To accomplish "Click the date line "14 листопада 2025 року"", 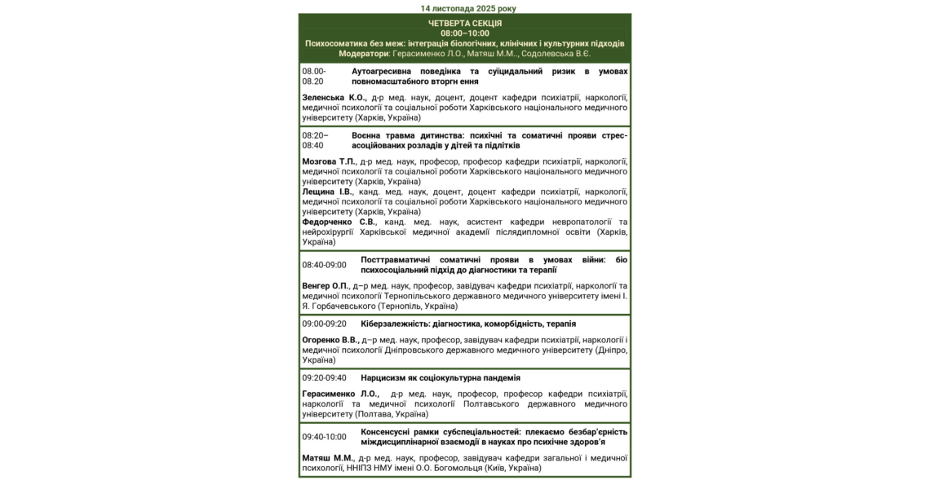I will pos(468,8).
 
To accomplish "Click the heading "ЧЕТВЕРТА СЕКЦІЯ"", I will pos(465,23).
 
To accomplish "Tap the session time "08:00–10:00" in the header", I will pos(465,33).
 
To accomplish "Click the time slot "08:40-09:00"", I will pos(324,265).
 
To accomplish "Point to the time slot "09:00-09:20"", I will pos(324,324).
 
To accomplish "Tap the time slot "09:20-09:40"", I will pos(324,378).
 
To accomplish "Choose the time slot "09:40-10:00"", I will pos(324,437).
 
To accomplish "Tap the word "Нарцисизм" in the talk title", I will pos(383,378).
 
